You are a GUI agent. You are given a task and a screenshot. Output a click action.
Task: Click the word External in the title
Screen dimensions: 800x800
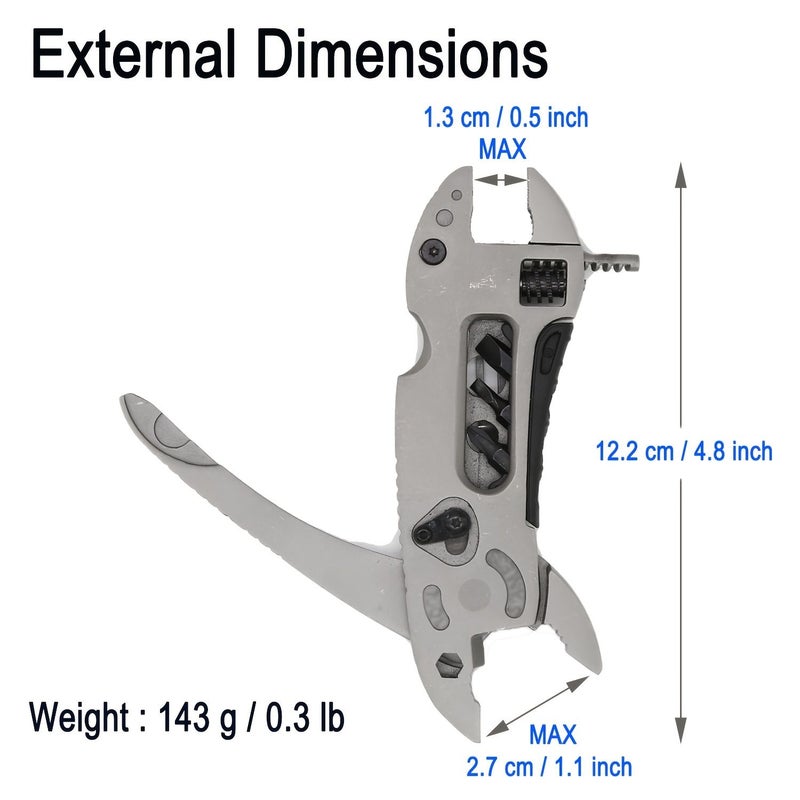click(133, 54)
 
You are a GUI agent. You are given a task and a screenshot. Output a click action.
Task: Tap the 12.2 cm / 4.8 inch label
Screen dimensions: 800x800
click(684, 452)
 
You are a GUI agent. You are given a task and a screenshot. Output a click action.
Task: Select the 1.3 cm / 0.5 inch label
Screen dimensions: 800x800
click(506, 117)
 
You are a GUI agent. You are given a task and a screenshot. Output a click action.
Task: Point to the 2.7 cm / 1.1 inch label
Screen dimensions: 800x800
click(549, 767)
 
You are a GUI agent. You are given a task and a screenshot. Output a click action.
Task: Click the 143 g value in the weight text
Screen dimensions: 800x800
click(197, 718)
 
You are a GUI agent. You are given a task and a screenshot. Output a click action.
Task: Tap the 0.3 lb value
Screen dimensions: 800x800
click(305, 717)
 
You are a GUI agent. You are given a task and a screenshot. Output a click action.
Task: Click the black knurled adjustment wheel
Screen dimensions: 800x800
click(543, 282)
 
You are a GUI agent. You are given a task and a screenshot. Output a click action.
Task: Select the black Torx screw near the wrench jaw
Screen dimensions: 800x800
click(433, 252)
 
